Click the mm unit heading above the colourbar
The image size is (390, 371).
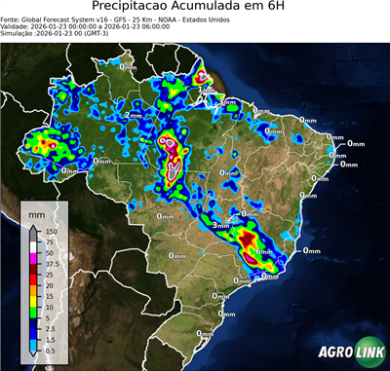click(x=35, y=211)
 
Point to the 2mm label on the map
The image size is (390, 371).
click(x=133, y=115)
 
